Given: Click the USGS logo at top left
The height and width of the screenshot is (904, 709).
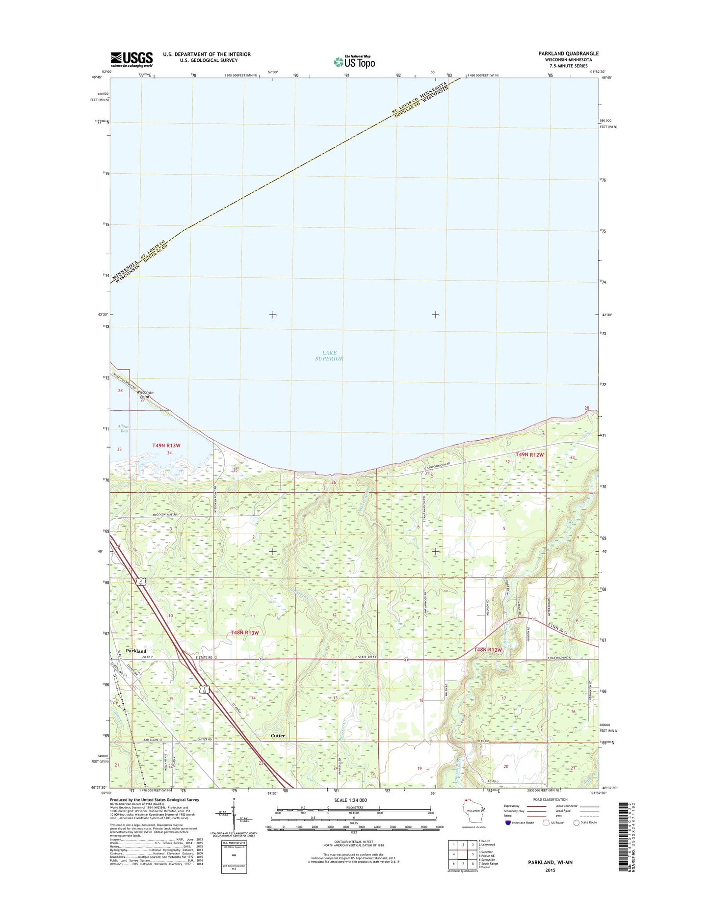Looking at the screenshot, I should point(131,59).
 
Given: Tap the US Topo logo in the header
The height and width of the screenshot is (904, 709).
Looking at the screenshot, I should point(354,62).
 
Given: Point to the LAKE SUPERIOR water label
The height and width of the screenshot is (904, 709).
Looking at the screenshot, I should point(329,356).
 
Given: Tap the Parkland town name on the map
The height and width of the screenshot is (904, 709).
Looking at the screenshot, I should point(136,651).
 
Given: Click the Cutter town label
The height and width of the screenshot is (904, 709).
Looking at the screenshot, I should point(278,736).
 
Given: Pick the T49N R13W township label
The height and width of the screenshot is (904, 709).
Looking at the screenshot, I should point(166,445).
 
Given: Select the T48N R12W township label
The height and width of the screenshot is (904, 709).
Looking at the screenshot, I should point(488,650).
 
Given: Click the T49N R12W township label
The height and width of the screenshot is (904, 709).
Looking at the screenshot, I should point(529,454).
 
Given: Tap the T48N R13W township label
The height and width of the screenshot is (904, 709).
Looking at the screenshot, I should point(244,633).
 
